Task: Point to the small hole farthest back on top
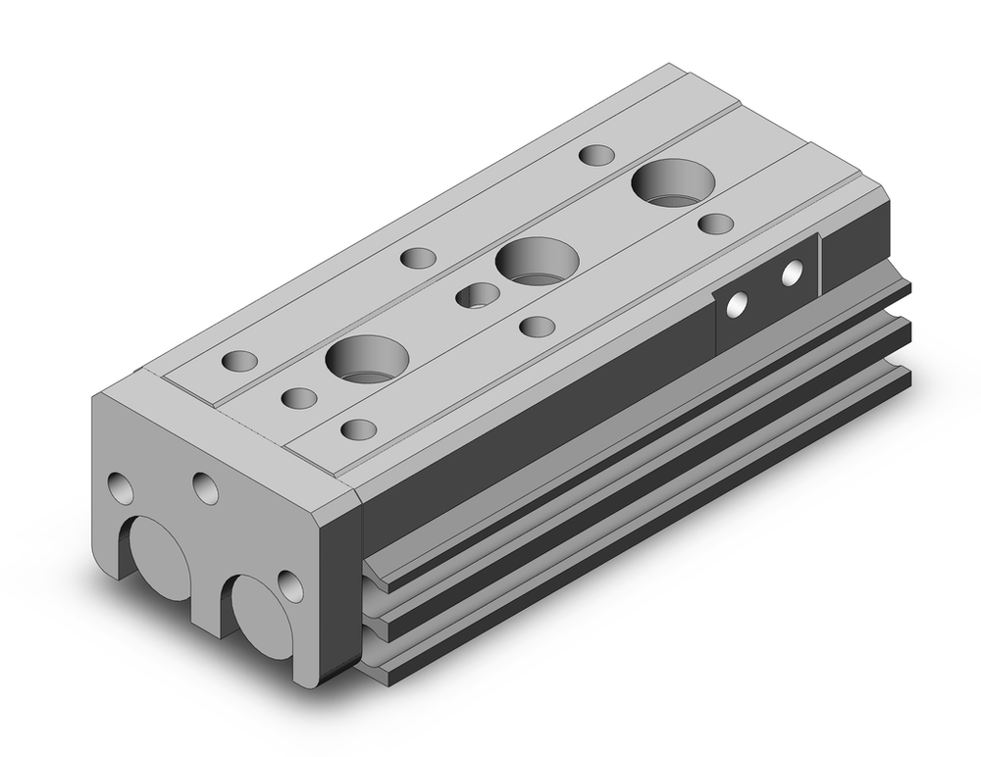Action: tap(594, 155)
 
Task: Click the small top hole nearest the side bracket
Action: tap(717, 223)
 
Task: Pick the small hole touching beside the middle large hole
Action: tap(478, 293)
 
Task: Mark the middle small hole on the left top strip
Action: tap(419, 258)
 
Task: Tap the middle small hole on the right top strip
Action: tap(537, 326)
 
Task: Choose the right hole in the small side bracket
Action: tap(791, 274)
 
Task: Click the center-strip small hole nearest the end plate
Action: tap(298, 398)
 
